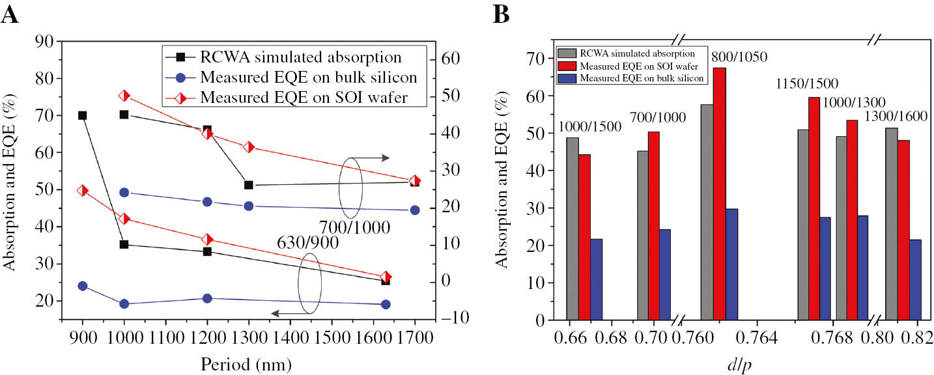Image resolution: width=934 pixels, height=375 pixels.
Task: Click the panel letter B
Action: [501, 14]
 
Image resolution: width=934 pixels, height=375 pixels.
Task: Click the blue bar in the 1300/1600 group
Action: [914, 280]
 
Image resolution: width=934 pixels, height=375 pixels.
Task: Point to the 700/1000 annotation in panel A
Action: [354, 228]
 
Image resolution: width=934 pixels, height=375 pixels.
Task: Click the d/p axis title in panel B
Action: [742, 363]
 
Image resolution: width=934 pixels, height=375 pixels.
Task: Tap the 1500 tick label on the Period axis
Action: [332, 337]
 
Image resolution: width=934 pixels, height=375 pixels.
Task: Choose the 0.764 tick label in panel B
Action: [757, 337]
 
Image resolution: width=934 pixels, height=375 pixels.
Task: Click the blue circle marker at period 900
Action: [82, 286]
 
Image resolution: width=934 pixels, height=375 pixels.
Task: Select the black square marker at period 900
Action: [82, 115]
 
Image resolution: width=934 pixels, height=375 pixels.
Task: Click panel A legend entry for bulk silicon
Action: [308, 77]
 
